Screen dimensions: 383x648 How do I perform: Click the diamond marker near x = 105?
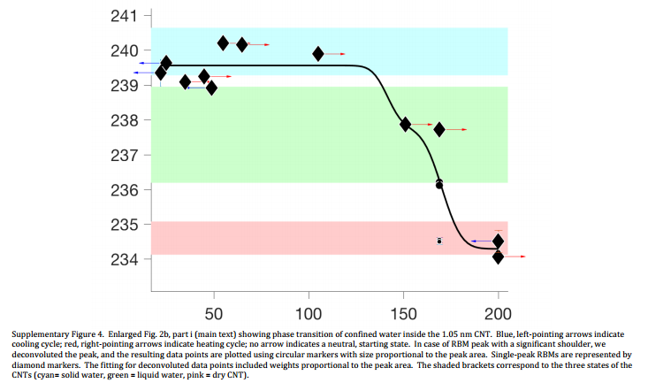click(318, 54)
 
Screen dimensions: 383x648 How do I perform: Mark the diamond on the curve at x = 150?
click(405, 125)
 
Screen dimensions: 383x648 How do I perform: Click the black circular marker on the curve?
click(439, 185)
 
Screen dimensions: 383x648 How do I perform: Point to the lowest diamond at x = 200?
click(499, 257)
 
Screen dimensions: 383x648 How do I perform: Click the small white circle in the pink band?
click(439, 241)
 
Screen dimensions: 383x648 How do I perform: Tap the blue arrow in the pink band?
click(481, 241)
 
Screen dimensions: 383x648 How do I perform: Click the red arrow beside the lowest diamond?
click(515, 257)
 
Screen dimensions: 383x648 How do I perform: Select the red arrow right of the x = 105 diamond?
click(335, 54)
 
